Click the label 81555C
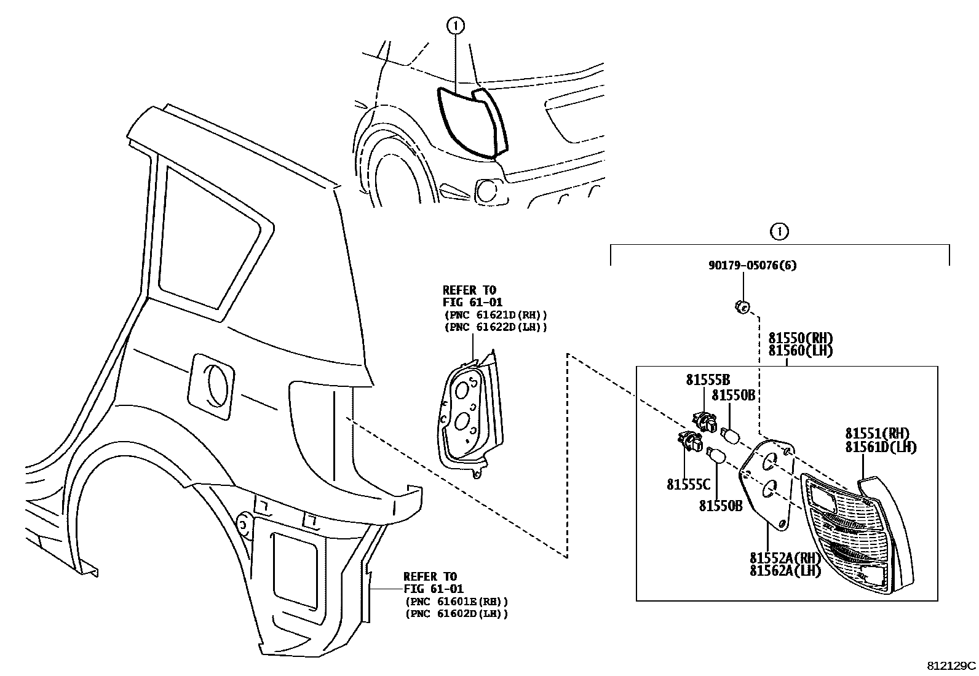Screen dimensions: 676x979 688,485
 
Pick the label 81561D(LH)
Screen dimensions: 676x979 880,447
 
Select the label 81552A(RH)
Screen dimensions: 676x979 785,558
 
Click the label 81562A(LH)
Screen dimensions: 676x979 785,571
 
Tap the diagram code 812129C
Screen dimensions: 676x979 951,666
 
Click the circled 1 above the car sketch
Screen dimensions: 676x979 456,26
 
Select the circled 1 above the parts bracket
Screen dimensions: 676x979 779,232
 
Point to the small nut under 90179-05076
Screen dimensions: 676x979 742,306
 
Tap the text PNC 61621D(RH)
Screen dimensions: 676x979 494,315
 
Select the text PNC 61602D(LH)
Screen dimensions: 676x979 456,613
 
